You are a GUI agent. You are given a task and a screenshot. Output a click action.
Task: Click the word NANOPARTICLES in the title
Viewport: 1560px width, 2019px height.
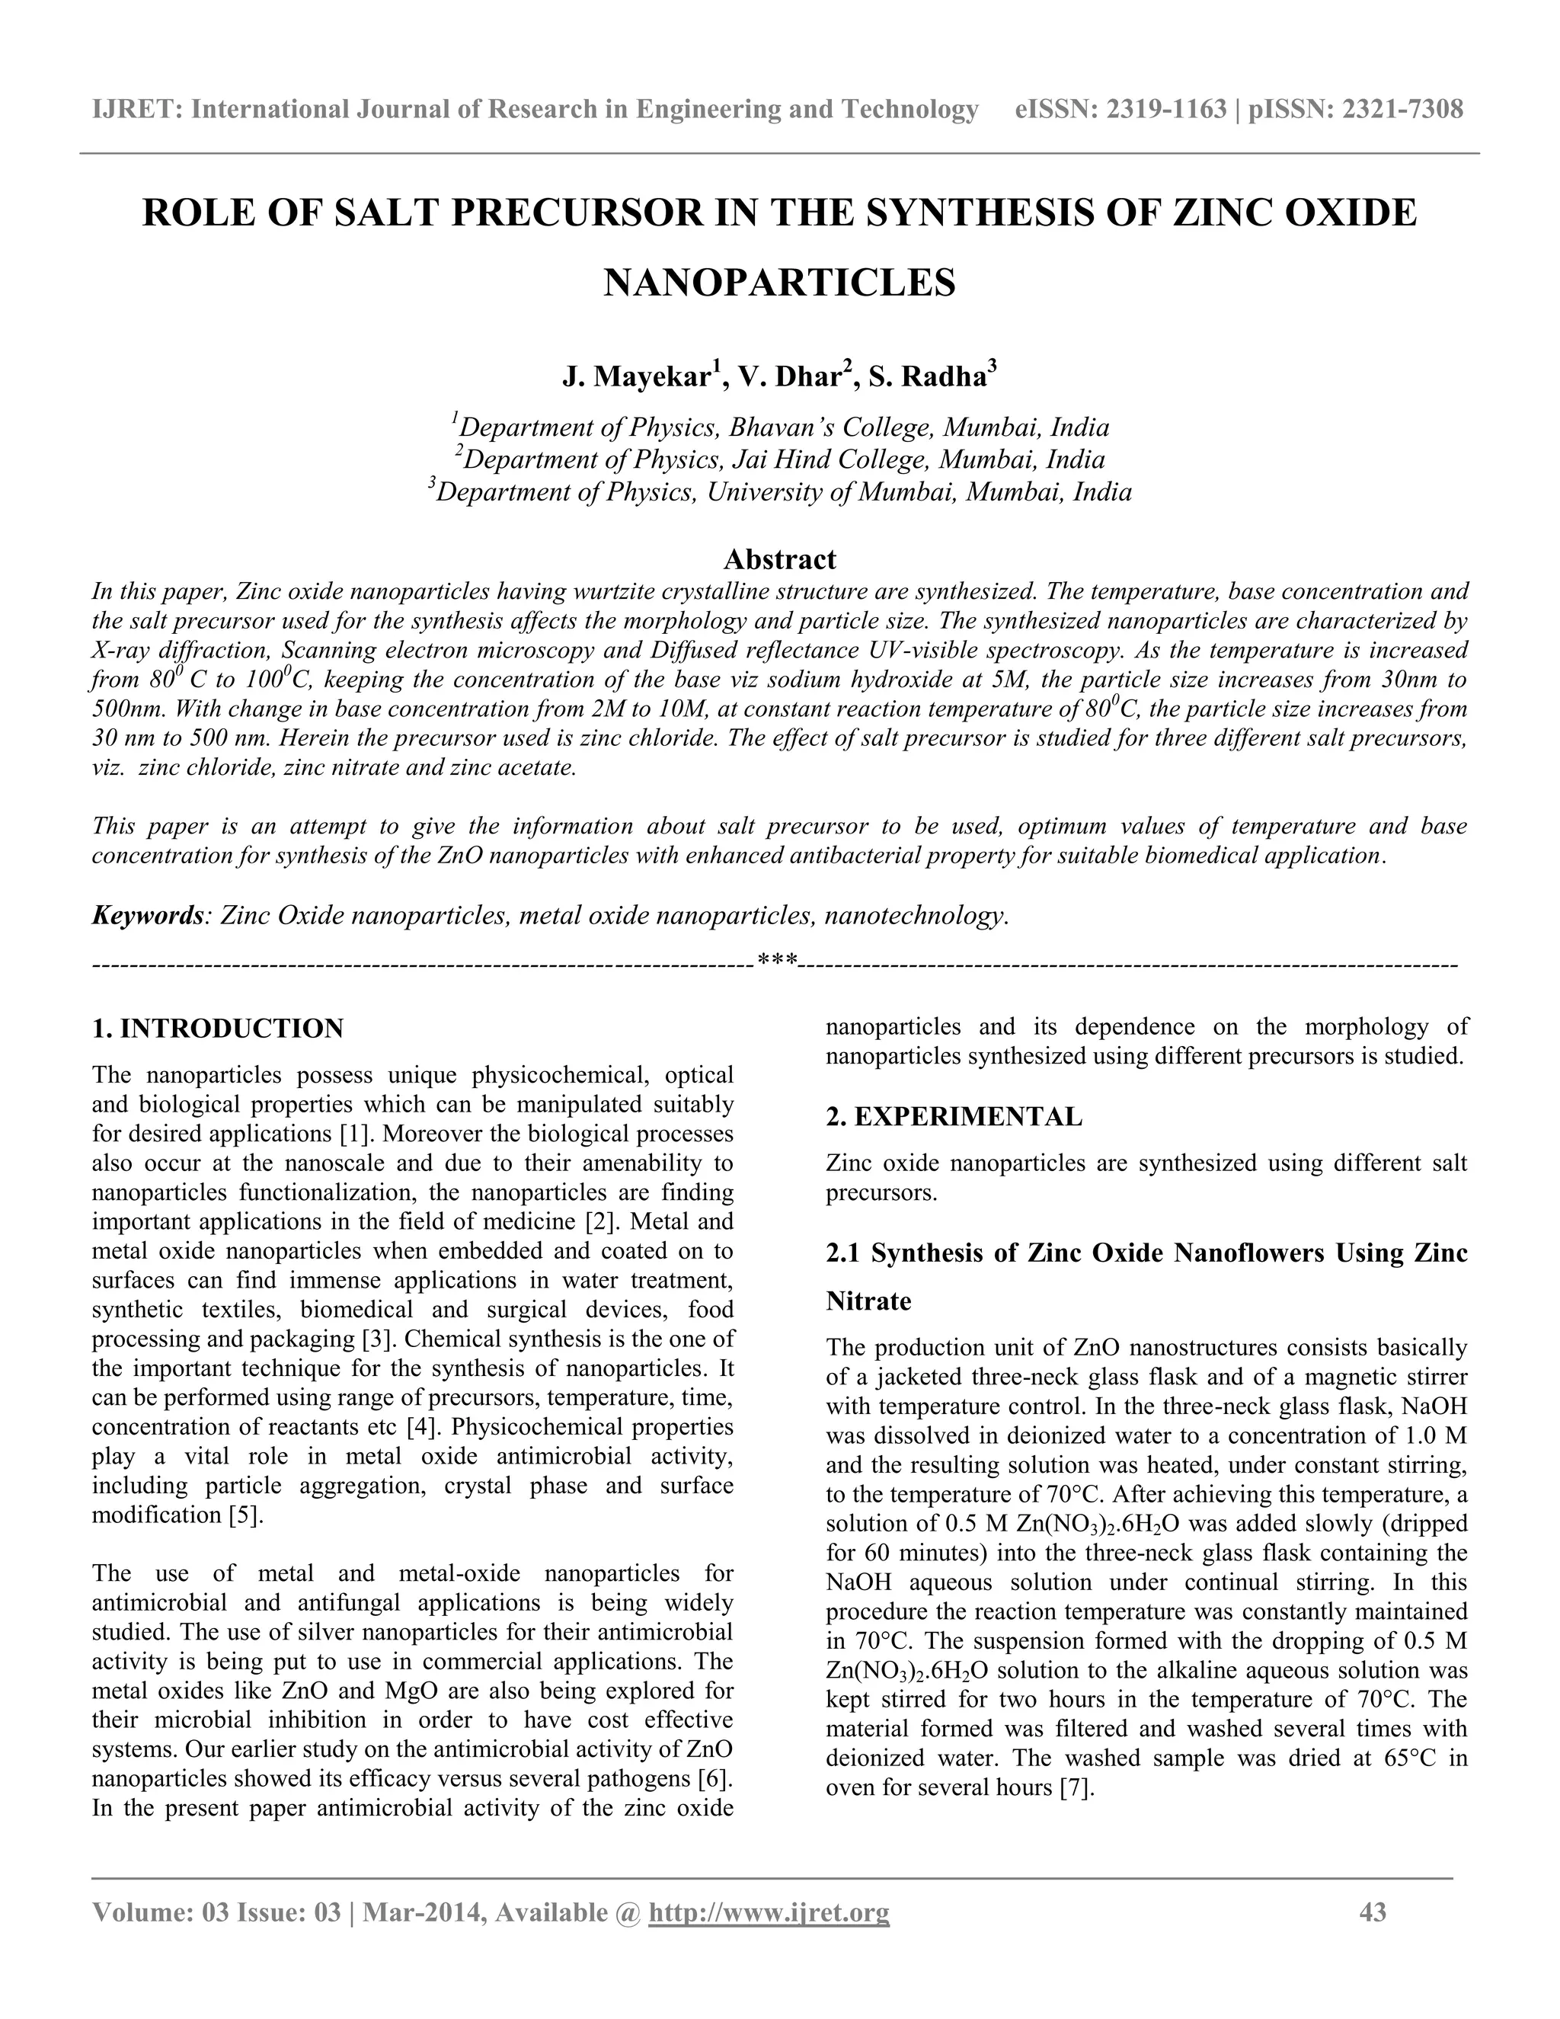(x=779, y=283)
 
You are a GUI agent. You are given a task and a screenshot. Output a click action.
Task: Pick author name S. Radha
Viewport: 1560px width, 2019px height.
(x=927, y=378)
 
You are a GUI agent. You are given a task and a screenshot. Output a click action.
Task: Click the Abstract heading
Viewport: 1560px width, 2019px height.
(x=779, y=559)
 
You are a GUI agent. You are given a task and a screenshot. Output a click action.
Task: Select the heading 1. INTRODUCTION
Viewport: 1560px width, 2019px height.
(x=218, y=1028)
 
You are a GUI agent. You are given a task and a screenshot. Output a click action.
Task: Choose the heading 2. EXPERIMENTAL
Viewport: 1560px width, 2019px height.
(x=954, y=1117)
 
